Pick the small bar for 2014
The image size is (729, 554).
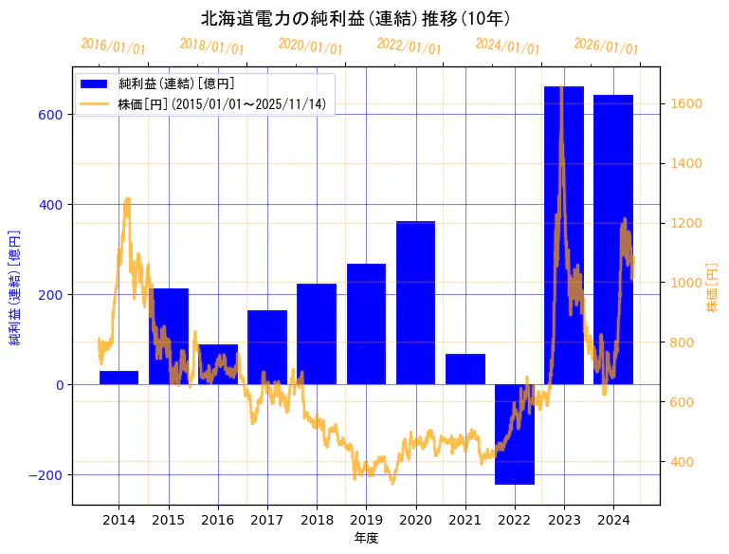coord(118,378)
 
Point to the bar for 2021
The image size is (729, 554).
coord(465,369)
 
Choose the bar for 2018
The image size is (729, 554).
coord(317,333)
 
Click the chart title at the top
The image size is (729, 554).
coord(355,18)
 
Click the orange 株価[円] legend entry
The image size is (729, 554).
coord(222,104)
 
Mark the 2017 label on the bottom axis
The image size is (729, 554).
coord(267,520)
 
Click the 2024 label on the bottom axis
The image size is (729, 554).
coord(612,520)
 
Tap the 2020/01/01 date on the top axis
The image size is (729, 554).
coord(310,46)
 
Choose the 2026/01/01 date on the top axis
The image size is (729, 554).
coord(606,46)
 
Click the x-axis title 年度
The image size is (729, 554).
coord(366,538)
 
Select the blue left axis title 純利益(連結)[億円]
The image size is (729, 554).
coord(14,287)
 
